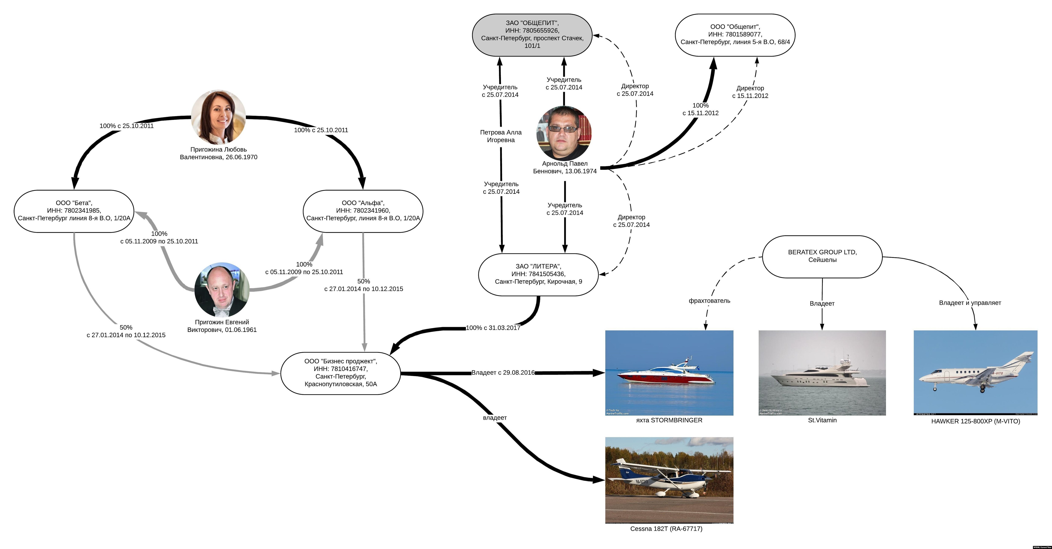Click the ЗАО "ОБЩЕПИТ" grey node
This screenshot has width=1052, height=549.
click(x=532, y=35)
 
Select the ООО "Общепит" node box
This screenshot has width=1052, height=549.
click(x=735, y=35)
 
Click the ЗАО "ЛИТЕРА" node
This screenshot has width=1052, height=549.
click(x=538, y=274)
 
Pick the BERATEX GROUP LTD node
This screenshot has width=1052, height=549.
click(x=822, y=256)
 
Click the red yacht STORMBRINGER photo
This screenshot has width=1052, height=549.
click(x=669, y=373)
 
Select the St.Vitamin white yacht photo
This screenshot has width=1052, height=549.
click(x=822, y=373)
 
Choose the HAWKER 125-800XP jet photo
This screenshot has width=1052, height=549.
click(x=975, y=373)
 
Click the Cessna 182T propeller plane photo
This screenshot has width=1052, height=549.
click(x=669, y=480)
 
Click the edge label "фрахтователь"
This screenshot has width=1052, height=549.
click(x=709, y=301)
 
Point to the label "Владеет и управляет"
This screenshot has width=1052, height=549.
click(x=970, y=303)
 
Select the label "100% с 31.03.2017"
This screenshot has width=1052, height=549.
click(x=493, y=328)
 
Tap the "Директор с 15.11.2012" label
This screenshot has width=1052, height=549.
click(x=750, y=92)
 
